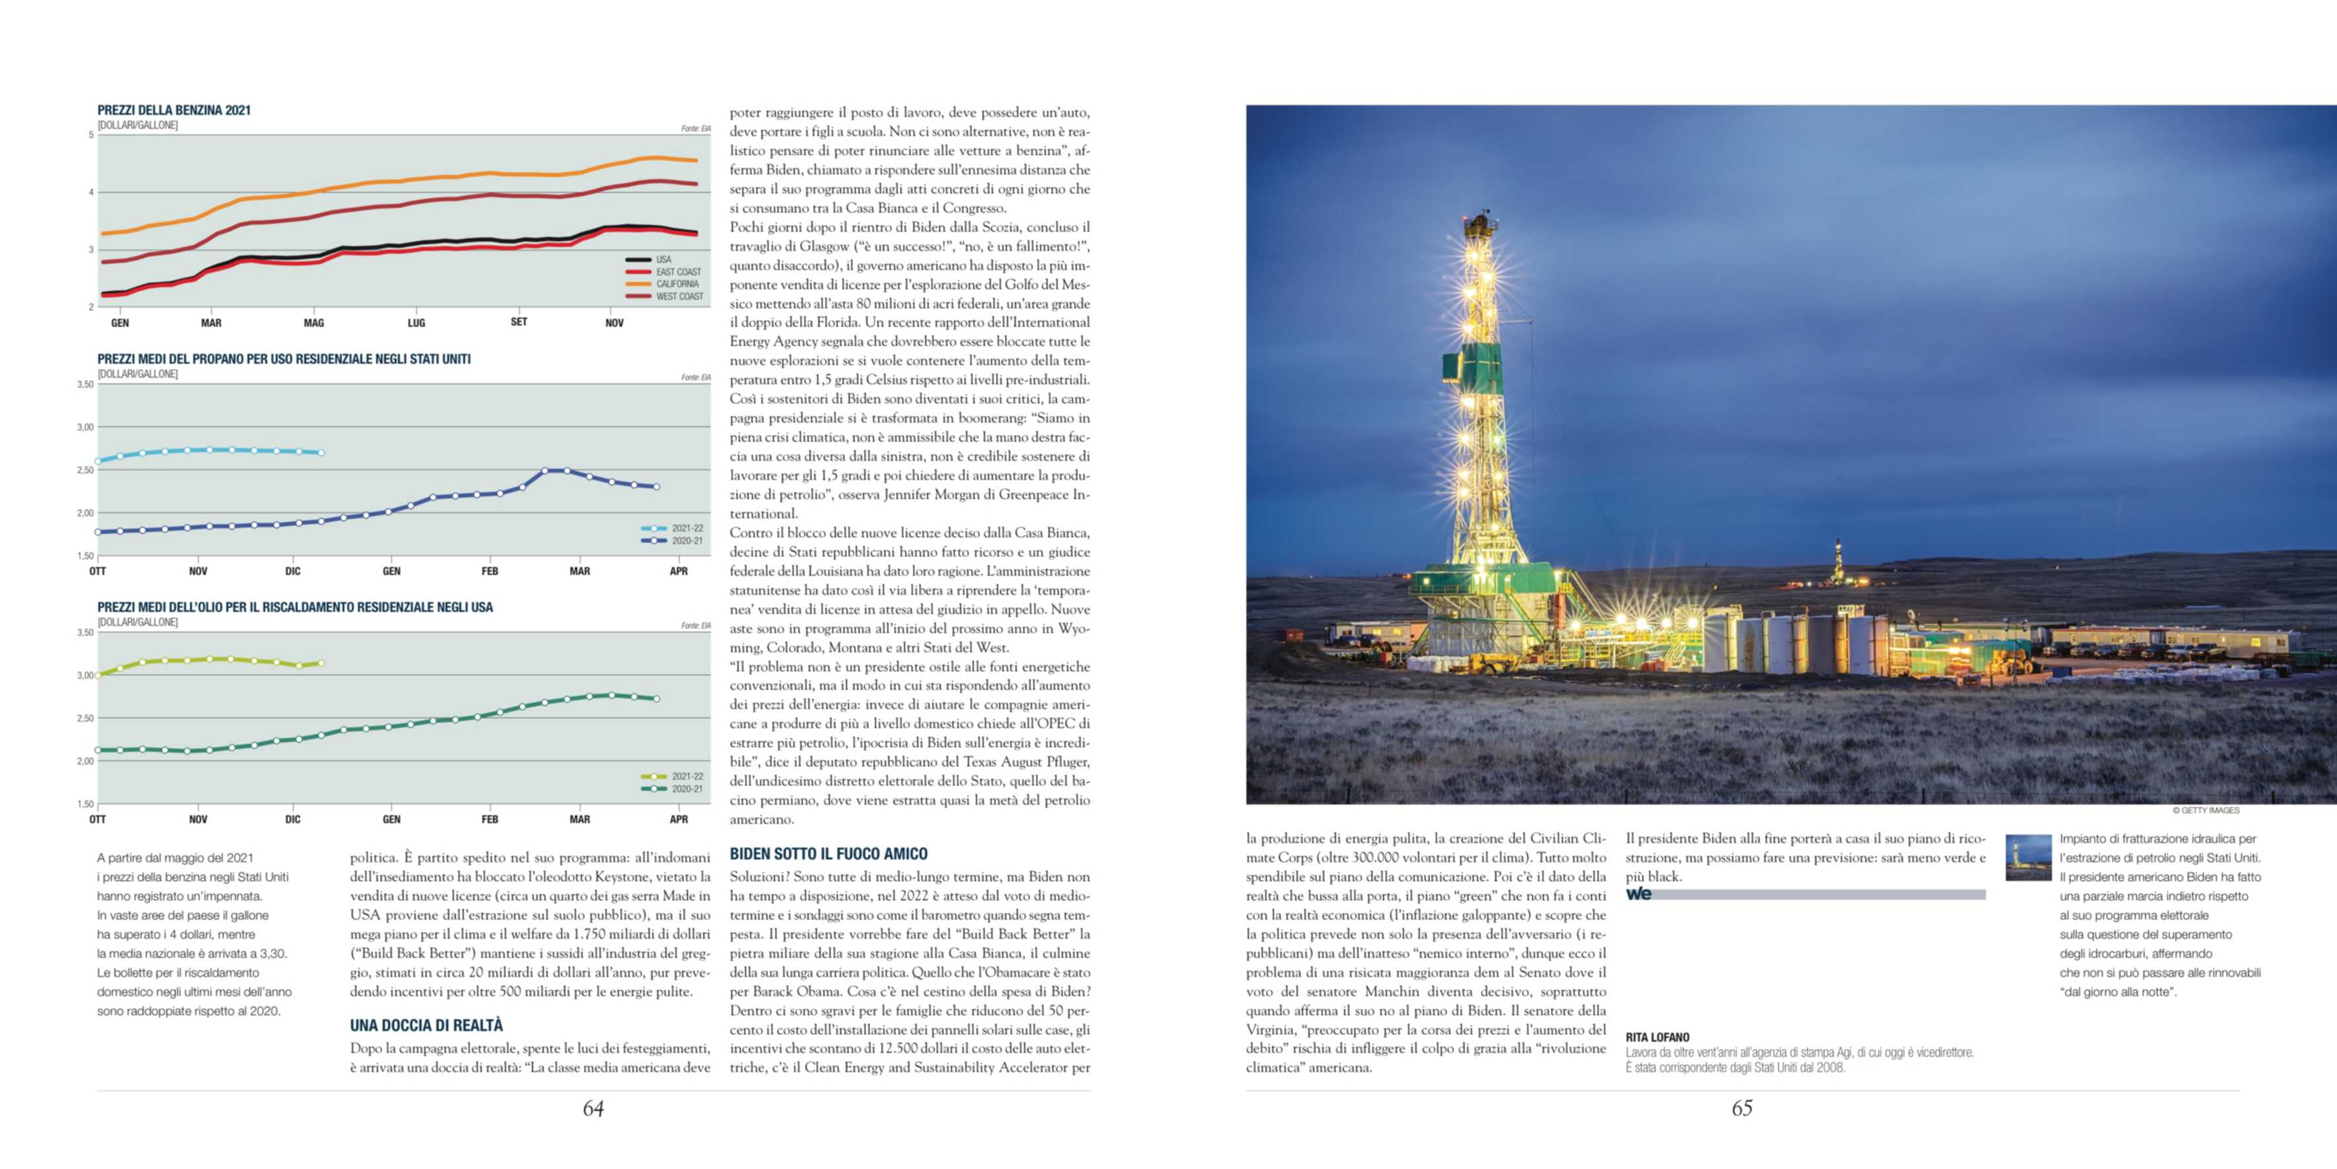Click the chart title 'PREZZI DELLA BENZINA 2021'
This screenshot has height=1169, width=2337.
174,110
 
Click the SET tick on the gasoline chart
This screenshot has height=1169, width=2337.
519,322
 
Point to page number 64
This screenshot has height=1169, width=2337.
593,1108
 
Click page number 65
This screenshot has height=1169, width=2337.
1742,1108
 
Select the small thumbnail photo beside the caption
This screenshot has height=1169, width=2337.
2028,857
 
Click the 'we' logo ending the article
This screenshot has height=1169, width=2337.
1638,894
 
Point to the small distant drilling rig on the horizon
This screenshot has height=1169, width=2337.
1838,562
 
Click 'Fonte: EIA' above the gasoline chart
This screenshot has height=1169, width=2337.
696,129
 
